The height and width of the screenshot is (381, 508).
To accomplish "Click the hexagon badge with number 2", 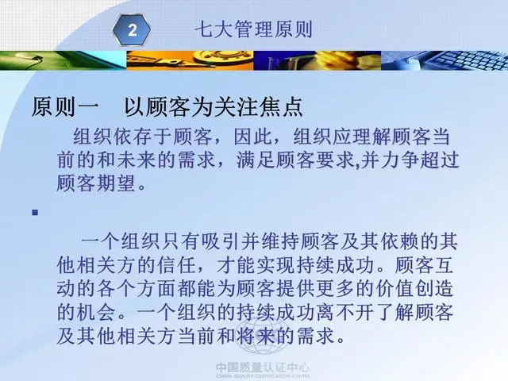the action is pos(132,30).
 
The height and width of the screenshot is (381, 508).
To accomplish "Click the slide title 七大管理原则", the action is pos(253,29).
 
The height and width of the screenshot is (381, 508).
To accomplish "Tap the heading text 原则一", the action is pos(65,107).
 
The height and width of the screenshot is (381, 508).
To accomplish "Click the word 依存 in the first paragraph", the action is pos(133,137).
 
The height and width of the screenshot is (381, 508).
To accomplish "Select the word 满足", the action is pos(256,160).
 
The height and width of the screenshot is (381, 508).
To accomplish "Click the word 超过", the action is pos(440,160).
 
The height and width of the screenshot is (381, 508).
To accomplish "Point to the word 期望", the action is pos(115,183).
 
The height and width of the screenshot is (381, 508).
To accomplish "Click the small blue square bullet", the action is pos(35,213).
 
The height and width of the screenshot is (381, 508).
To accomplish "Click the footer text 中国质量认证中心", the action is pos(263,368).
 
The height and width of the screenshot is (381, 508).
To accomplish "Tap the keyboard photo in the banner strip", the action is pos(444,60).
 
